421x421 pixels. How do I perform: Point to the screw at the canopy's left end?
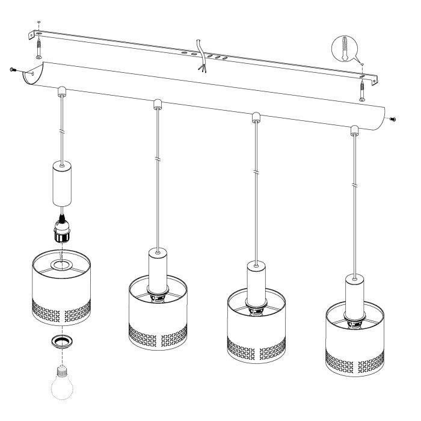point(13,70)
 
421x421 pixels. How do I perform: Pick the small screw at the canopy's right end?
point(393,119)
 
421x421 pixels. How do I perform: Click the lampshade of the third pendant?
point(254,323)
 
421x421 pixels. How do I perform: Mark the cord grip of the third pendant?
point(255,116)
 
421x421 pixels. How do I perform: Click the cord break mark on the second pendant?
point(156,159)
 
